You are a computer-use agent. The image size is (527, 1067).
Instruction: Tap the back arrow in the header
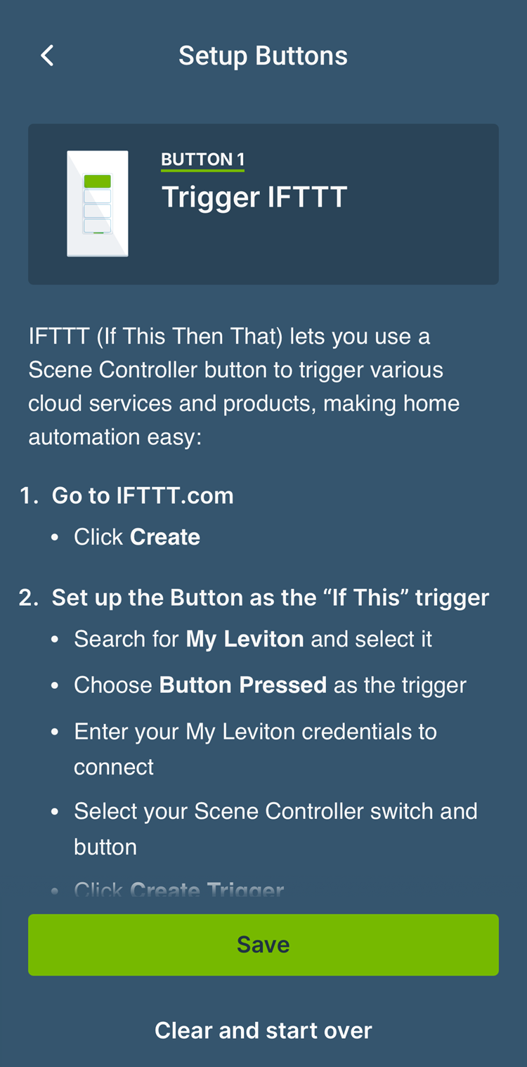click(x=47, y=56)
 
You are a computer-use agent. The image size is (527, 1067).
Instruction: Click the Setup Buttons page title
click(x=263, y=56)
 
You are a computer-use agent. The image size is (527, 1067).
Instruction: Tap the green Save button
click(x=263, y=944)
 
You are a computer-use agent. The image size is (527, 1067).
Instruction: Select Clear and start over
click(x=263, y=1030)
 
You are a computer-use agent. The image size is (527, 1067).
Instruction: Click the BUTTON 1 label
click(x=202, y=160)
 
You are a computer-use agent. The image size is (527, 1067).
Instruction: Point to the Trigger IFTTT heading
click(x=254, y=197)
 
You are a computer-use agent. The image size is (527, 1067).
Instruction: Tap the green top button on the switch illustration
click(x=98, y=181)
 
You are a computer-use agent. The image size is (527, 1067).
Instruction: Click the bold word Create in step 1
click(x=165, y=537)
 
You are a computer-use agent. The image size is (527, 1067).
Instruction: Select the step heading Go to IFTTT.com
click(x=143, y=496)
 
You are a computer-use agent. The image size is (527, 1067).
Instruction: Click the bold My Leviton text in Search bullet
click(x=245, y=639)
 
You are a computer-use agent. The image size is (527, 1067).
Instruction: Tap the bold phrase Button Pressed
click(x=243, y=685)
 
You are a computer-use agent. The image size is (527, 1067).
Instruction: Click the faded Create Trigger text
click(x=207, y=891)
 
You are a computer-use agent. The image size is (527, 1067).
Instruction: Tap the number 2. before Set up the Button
click(x=29, y=597)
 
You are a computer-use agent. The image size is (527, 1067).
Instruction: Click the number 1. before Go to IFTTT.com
click(x=29, y=496)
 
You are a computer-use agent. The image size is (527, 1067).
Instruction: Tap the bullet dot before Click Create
click(x=55, y=538)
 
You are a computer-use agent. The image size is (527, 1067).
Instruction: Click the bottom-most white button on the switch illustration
click(x=98, y=225)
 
